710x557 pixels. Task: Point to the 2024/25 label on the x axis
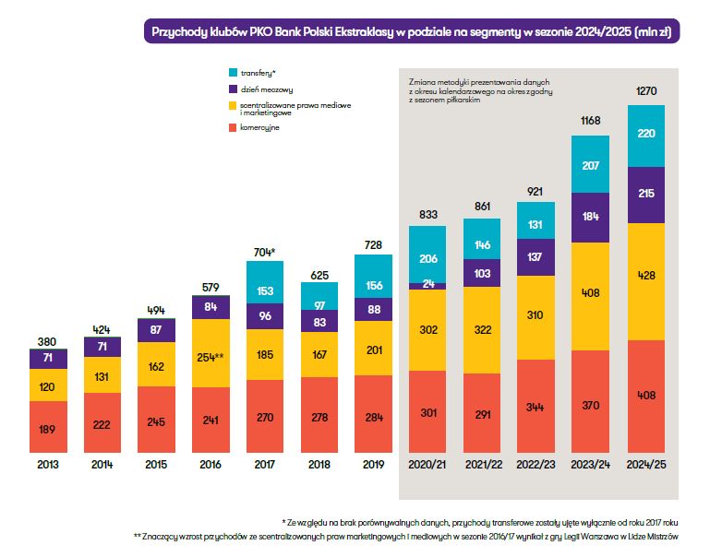(645, 464)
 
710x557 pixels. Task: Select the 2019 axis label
(373, 464)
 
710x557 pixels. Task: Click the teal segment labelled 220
(645, 135)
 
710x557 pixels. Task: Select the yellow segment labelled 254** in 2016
(211, 354)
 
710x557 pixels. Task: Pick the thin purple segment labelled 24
(427, 284)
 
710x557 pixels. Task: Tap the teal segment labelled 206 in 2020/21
(427, 258)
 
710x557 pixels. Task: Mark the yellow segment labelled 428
(645, 277)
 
